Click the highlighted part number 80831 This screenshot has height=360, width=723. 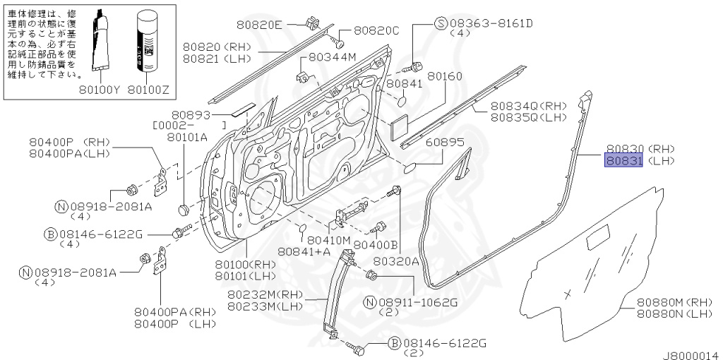[622, 161]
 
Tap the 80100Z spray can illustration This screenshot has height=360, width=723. [149, 41]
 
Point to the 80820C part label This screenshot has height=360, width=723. [376, 31]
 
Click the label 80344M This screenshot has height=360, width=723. [333, 57]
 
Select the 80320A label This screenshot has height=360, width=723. [396, 261]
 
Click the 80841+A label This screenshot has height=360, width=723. [304, 251]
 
